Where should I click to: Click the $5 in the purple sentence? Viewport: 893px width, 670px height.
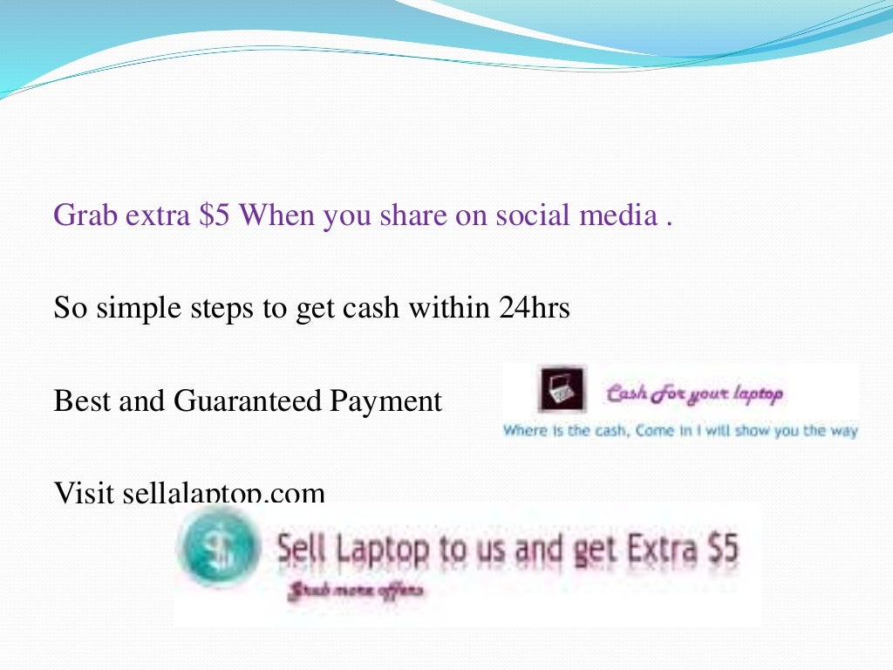click(215, 215)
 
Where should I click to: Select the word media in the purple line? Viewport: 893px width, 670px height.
click(615, 215)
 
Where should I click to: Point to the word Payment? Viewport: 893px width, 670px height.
click(386, 402)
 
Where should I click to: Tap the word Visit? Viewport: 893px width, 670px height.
click(84, 495)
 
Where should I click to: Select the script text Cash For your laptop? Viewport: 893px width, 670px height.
click(694, 394)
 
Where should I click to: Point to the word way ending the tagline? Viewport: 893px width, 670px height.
click(842, 431)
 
